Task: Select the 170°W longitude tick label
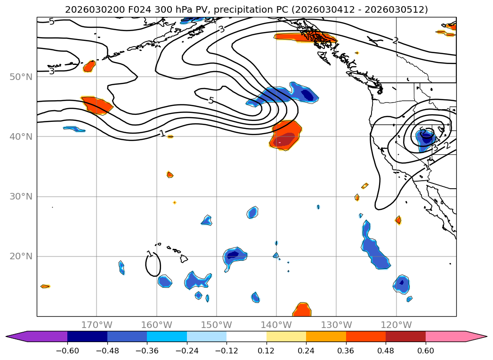coord(97,325)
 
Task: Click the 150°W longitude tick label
coord(217,325)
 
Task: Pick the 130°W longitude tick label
coord(336,325)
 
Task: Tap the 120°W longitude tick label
coord(396,325)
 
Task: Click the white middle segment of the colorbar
coord(246,336)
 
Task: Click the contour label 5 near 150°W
coord(210,100)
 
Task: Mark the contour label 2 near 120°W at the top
coord(396,41)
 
